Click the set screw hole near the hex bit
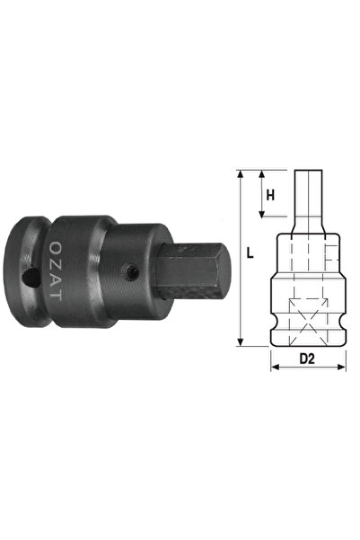[x=131, y=270]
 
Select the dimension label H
[x=270, y=193]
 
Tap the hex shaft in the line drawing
[x=307, y=202]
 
